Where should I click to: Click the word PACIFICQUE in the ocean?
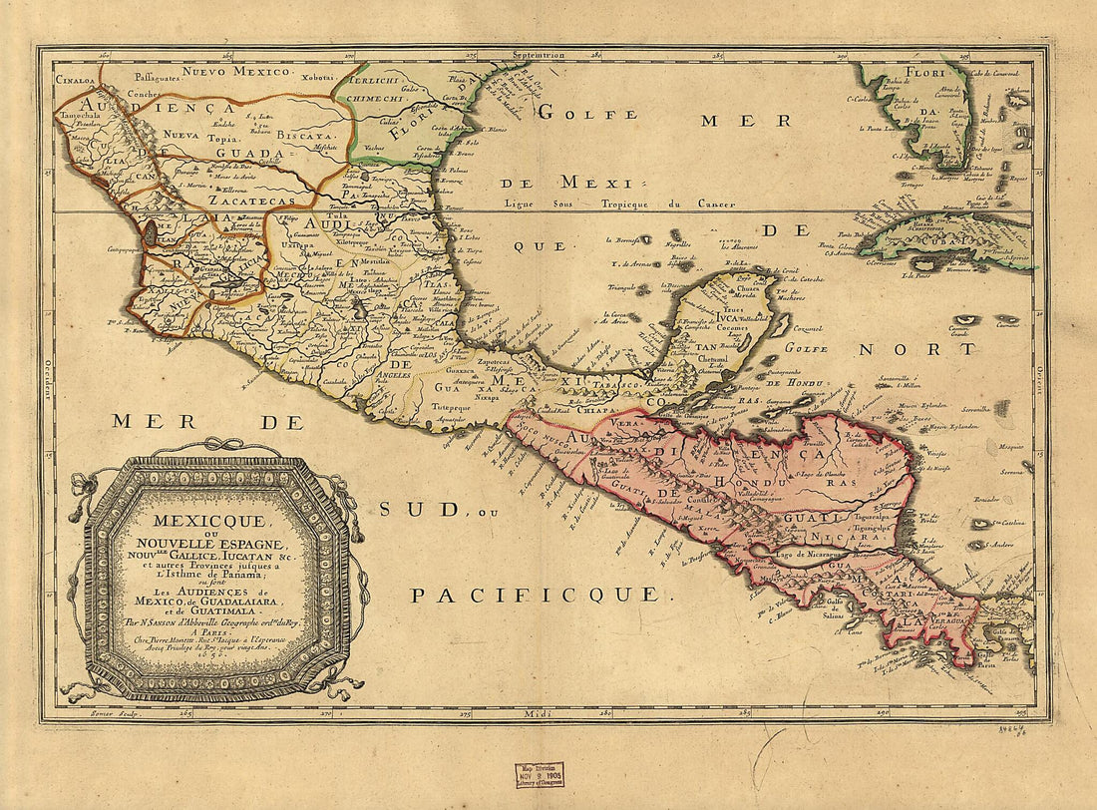(535, 596)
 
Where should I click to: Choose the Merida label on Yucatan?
(748, 295)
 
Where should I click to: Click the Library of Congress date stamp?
(540, 775)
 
